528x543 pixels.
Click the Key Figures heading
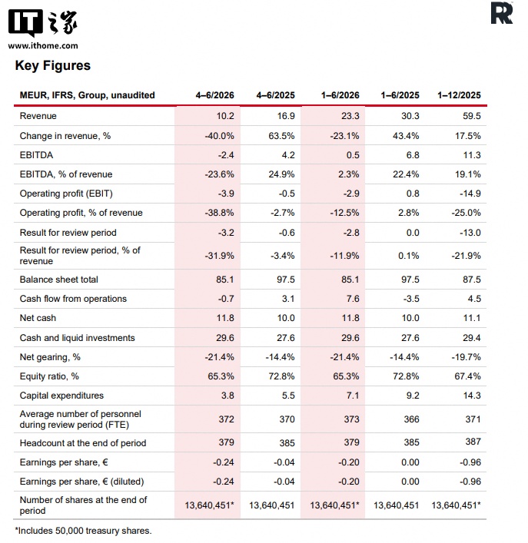pyautogui.click(x=53, y=66)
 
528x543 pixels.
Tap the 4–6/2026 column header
pyautogui.click(x=214, y=95)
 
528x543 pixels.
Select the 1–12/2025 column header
pyautogui.click(x=459, y=95)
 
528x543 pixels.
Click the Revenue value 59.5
pyautogui.click(x=472, y=116)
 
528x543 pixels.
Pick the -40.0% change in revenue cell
pyautogui.click(x=219, y=136)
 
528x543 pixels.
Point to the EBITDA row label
pyautogui.click(x=36, y=155)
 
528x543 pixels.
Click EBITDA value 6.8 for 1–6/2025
pyautogui.click(x=413, y=155)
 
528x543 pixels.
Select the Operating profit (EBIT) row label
pyautogui.click(x=66, y=194)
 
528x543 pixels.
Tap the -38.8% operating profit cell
pyautogui.click(x=219, y=213)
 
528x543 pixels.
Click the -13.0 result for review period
pyautogui.click(x=470, y=233)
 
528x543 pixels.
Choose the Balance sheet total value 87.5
pyautogui.click(x=472, y=280)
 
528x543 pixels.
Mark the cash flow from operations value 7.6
pyautogui.click(x=353, y=299)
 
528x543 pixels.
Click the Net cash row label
pyautogui.click(x=38, y=318)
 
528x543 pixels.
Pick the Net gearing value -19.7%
pyautogui.click(x=466, y=357)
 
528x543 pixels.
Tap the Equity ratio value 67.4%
pyautogui.click(x=467, y=376)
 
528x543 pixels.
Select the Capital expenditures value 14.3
pyautogui.click(x=472, y=396)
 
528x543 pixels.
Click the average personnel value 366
pyautogui.click(x=412, y=419)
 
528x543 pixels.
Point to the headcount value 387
pyautogui.click(x=473, y=442)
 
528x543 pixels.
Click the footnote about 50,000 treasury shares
pyautogui.click(x=83, y=531)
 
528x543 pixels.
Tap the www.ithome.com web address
pyautogui.click(x=43, y=46)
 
